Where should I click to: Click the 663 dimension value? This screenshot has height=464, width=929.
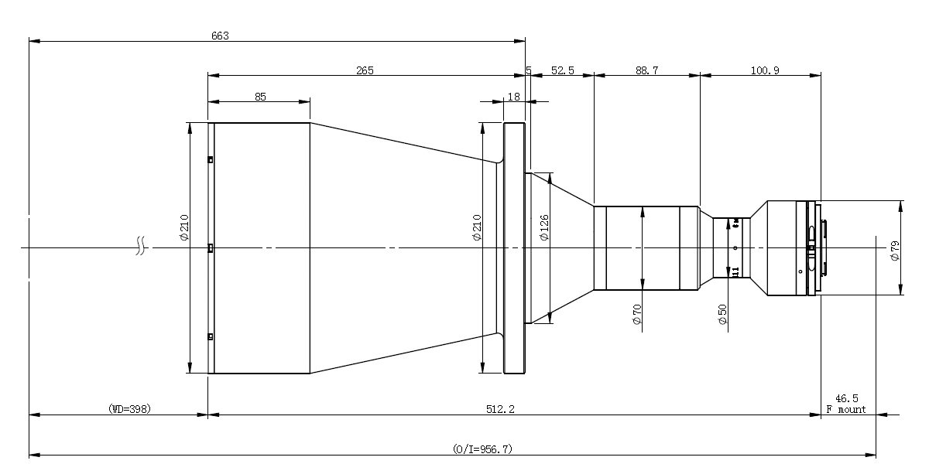(x=220, y=36)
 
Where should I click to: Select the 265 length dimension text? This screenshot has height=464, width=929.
(x=365, y=70)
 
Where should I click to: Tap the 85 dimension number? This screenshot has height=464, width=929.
(x=260, y=97)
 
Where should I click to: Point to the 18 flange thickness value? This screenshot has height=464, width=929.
(x=513, y=97)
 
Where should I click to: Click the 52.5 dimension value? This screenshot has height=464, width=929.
(x=562, y=70)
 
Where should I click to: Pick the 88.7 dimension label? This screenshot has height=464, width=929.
(x=646, y=70)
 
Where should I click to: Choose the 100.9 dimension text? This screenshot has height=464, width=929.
(x=765, y=70)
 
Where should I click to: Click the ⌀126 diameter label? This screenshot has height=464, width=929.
(x=544, y=227)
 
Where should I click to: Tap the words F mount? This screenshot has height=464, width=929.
(x=847, y=409)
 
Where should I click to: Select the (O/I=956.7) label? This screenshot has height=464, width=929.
(x=482, y=449)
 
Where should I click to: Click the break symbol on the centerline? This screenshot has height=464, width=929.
(x=140, y=248)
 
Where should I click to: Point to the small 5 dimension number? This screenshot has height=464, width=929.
(x=528, y=70)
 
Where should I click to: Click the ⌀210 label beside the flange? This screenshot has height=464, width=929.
(x=477, y=227)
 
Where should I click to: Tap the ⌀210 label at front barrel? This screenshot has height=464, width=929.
(x=184, y=227)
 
